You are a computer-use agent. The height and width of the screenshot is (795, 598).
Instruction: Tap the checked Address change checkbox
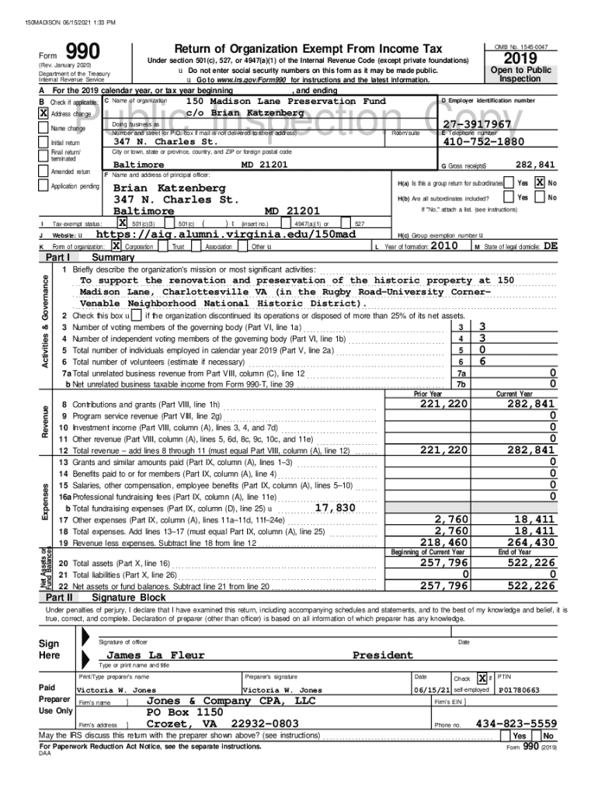[43, 113]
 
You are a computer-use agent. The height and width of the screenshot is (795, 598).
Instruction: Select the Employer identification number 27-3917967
[477, 125]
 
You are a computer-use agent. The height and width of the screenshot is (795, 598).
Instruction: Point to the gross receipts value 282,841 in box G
[535, 165]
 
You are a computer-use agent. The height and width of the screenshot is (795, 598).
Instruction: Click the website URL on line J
[225, 234]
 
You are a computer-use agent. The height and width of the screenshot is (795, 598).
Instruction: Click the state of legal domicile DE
[550, 245]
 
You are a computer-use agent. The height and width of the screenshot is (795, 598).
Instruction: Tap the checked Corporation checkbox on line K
[117, 246]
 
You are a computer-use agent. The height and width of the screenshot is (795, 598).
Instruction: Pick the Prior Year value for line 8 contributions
[443, 404]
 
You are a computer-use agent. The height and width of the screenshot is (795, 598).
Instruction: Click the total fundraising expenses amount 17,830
[335, 508]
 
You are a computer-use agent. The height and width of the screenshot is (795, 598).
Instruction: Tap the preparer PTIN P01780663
[521, 689]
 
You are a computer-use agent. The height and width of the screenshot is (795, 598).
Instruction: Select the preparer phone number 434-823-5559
[516, 722]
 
